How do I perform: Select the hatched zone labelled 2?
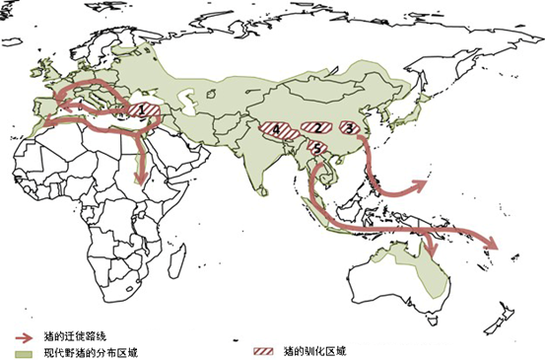coord(315,128)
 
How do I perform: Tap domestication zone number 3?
coord(349,127)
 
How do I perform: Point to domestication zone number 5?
coord(317,147)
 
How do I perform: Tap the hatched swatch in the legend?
coord(264,351)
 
